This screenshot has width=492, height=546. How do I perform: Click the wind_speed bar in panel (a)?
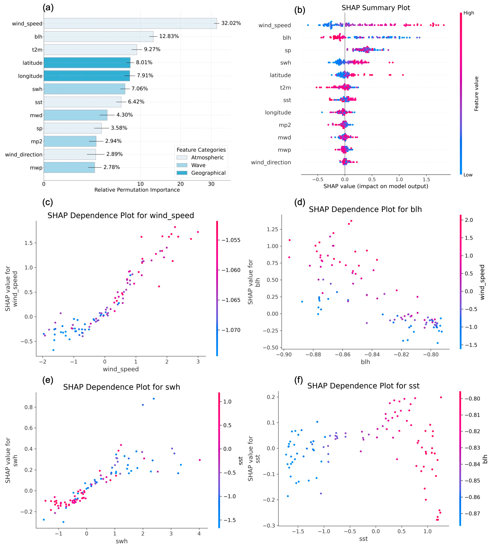pyautogui.click(x=130, y=23)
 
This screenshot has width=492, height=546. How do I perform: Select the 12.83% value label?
pyautogui.click(x=169, y=36)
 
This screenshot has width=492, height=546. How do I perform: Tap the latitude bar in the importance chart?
pyautogui.click(x=87, y=63)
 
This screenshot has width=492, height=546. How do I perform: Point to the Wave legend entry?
pyautogui.click(x=198, y=165)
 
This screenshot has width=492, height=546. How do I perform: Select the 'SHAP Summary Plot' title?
pyautogui.click(x=376, y=8)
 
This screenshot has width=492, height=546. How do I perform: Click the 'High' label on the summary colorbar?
pyautogui.click(x=469, y=13)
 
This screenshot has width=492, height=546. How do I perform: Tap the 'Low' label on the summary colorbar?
pyautogui.click(x=468, y=175)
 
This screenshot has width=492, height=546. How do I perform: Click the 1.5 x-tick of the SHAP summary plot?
pyautogui.click(x=426, y=180)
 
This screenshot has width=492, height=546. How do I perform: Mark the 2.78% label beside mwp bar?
pyautogui.click(x=112, y=167)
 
